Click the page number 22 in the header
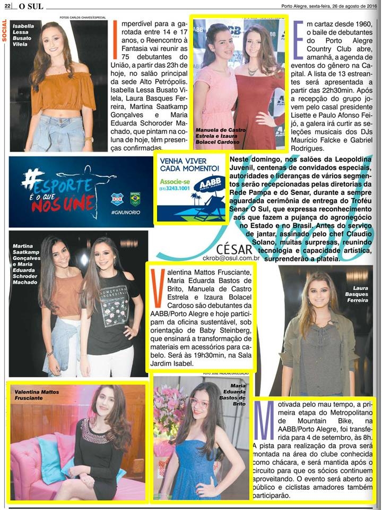(x=8, y=6)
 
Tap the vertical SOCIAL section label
(x=5, y=33)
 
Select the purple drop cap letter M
(x=264, y=415)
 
